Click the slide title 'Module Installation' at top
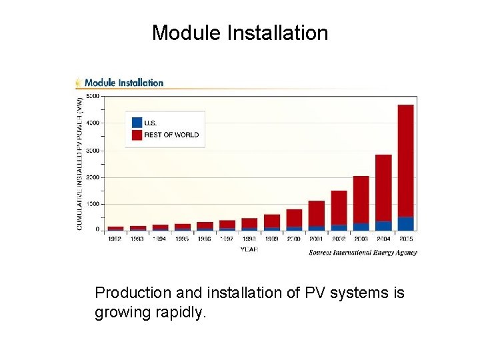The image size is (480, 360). [x=240, y=33]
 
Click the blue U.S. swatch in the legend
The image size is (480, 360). [x=137, y=122]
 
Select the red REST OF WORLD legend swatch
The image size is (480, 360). [x=137, y=135]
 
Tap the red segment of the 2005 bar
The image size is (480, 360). [x=405, y=160]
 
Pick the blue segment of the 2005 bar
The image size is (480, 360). [x=405, y=223]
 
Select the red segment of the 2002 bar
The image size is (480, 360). [x=339, y=207]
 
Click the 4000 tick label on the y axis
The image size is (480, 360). [x=93, y=123]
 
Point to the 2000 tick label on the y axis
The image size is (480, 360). [x=93, y=177]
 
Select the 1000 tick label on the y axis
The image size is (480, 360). [x=93, y=204]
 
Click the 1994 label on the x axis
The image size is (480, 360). [x=160, y=238]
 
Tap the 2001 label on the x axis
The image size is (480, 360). [x=317, y=238]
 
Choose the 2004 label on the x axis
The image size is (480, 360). [x=383, y=238]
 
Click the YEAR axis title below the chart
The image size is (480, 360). [x=249, y=249]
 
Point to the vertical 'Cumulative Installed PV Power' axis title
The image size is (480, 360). [x=80, y=164]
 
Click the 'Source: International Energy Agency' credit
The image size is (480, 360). [x=363, y=253]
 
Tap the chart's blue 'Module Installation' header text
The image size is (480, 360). [x=123, y=83]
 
